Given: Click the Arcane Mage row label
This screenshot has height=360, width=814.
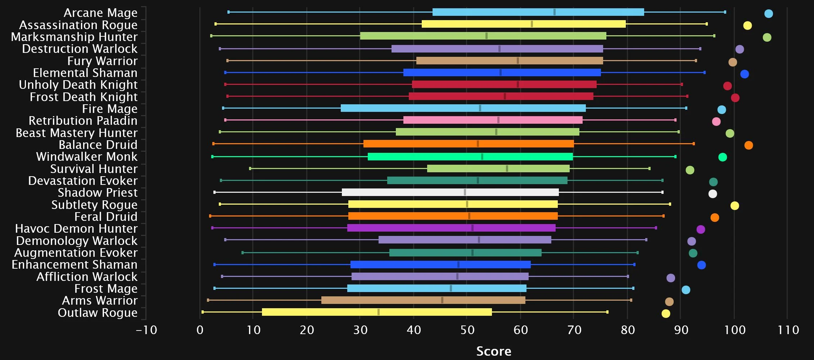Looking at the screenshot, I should (100, 13).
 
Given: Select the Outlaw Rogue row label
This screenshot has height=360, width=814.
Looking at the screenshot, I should (98, 313).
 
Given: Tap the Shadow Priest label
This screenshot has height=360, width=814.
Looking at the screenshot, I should (98, 193).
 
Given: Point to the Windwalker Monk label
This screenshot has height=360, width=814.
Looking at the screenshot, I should (87, 157).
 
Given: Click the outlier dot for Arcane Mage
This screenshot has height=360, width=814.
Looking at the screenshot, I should (768, 14).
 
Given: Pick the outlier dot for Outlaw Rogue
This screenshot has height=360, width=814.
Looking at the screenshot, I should (666, 314).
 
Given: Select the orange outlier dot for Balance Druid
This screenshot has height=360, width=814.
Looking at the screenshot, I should (749, 145).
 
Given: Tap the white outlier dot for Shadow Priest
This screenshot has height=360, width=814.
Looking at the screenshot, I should (713, 194).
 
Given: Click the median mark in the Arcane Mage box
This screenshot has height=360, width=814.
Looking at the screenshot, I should (554, 12).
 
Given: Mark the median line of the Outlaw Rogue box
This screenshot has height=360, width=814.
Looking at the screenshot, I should (379, 312).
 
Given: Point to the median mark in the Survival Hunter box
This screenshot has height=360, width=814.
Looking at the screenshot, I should (507, 169).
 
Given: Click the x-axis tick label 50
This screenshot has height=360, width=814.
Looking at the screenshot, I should (467, 330).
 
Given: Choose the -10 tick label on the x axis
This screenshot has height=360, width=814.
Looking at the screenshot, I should (146, 330).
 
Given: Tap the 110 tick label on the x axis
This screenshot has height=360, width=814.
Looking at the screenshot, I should (788, 330).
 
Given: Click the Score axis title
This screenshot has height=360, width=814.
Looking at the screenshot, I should (494, 351).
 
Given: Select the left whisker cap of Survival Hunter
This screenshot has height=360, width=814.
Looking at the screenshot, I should (250, 168).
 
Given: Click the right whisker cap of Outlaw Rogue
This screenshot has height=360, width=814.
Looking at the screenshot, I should (607, 312).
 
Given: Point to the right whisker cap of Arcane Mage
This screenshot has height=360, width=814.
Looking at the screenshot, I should (725, 12).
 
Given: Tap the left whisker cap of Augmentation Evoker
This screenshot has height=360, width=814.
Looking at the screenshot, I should (243, 253).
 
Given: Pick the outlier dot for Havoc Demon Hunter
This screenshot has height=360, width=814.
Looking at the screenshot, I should (701, 229).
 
